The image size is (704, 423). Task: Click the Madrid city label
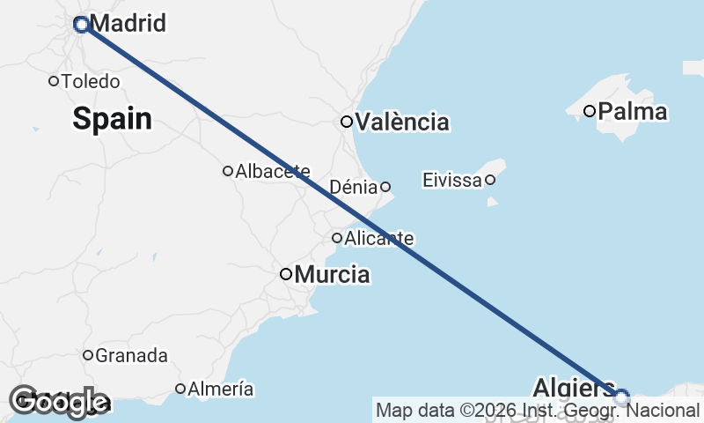128,24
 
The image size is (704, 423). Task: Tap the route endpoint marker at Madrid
81,25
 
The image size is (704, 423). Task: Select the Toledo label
90,81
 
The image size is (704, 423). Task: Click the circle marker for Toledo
54,81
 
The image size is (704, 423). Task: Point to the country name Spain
112,118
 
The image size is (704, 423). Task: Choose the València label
402,122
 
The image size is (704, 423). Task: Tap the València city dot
347,122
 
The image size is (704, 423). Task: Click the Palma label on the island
632,112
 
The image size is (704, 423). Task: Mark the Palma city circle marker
590,111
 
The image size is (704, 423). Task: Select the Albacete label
273,171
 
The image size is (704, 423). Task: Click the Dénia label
353,187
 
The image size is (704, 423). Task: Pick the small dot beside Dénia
385,186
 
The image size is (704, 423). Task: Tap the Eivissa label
451,181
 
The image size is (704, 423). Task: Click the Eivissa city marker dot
490,180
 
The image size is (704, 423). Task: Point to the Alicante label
379,238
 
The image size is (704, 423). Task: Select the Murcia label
332,275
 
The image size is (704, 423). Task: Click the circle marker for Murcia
286,274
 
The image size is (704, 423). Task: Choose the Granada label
131,356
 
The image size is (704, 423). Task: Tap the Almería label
221,389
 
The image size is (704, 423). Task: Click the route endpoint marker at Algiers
621,397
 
